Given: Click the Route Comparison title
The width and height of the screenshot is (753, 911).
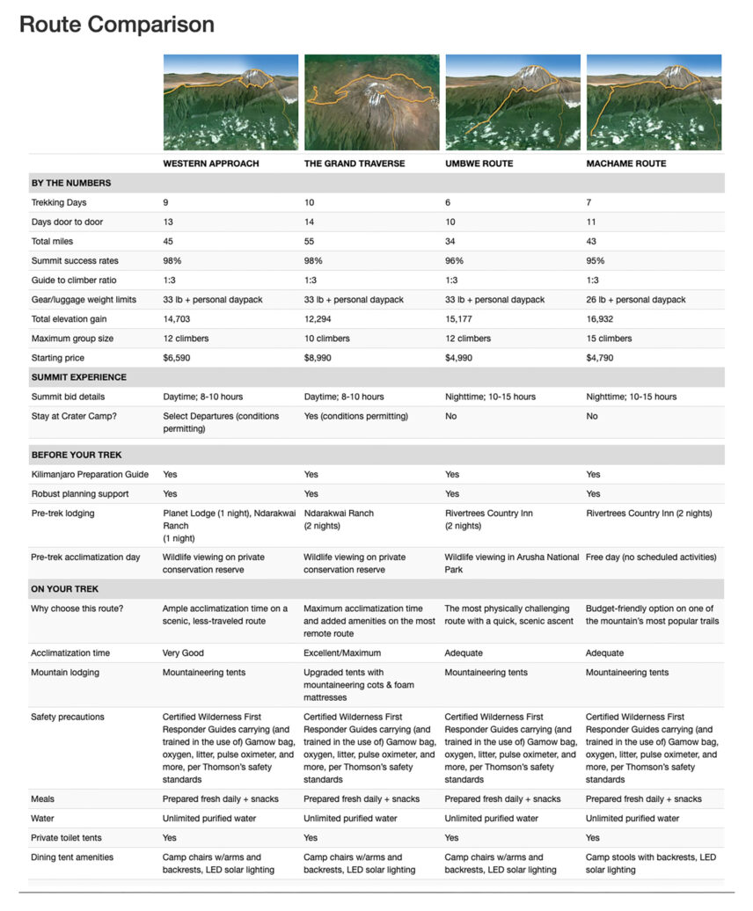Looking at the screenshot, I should (117, 25).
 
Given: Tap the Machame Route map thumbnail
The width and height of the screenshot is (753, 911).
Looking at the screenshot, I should (654, 102).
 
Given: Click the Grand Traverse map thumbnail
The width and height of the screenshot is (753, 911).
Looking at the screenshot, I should (372, 102).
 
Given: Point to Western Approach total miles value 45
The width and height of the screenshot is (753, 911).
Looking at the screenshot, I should (168, 241).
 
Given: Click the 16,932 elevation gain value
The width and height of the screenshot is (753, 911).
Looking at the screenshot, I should (601, 319).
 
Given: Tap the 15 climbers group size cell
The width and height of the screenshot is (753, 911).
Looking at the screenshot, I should (610, 339).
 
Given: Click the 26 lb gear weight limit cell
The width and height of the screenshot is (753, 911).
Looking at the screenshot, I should (635, 300).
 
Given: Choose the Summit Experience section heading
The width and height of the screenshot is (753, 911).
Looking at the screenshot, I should (78, 377).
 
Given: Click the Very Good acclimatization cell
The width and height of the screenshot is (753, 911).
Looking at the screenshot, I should (184, 653).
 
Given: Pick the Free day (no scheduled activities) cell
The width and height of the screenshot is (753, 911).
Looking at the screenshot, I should (654, 558).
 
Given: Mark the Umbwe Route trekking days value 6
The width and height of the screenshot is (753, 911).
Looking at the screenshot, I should (448, 202).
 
